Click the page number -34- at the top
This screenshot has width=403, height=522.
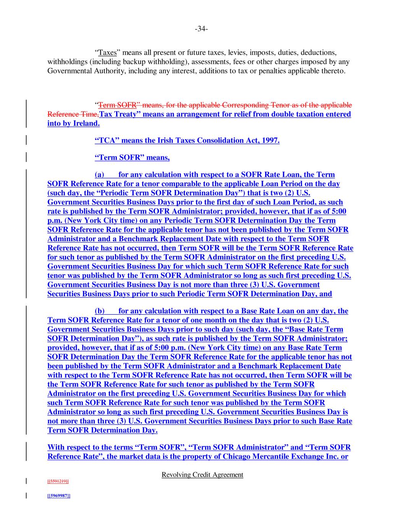click(x=201, y=29)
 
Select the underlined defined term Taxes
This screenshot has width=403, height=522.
click(x=107, y=52)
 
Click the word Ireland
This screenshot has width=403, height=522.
click(x=86, y=123)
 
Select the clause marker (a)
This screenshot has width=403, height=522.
click(x=99, y=174)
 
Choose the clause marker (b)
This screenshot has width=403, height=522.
click(x=100, y=311)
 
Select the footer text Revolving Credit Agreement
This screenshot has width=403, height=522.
click(x=202, y=475)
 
